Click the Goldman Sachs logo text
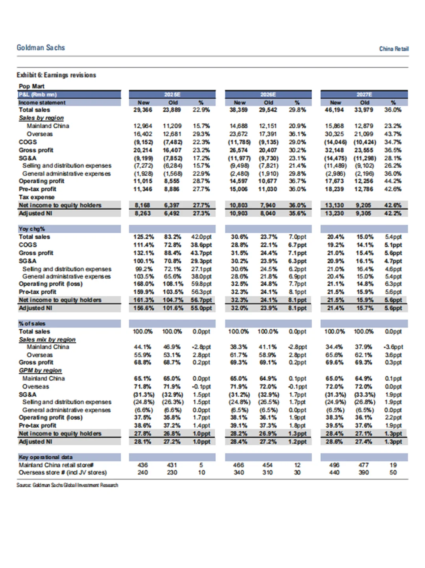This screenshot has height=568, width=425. click(x=41, y=48)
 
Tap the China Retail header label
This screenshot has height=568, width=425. click(x=394, y=49)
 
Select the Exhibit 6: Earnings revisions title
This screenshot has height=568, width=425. click(x=56, y=75)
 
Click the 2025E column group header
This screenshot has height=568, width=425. click(x=172, y=94)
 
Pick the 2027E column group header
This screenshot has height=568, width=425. click(x=364, y=94)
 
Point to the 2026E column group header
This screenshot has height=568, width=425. click(x=268, y=94)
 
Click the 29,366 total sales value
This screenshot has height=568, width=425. click(x=142, y=110)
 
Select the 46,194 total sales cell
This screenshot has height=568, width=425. click(x=334, y=110)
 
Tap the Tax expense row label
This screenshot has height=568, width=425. click(x=37, y=197)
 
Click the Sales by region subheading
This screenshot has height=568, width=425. click(x=41, y=118)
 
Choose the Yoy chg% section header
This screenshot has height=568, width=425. click(x=32, y=229)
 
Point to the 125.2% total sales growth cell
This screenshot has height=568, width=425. click(x=143, y=237)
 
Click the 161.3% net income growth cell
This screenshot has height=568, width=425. click(x=143, y=300)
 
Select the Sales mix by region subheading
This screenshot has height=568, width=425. click(x=47, y=339)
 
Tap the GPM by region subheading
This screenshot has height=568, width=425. click(x=41, y=370)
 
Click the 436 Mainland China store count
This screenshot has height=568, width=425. click(x=142, y=465)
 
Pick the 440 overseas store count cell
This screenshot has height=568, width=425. click(x=334, y=472)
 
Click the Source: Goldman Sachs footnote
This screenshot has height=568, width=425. click(x=67, y=485)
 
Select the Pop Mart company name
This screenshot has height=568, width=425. click(x=31, y=86)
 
